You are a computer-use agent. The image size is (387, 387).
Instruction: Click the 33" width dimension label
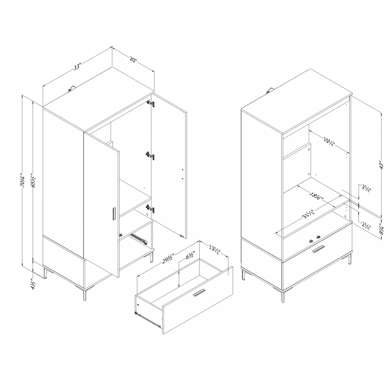point(77,67)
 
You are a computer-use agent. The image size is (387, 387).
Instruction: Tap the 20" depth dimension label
point(133,60)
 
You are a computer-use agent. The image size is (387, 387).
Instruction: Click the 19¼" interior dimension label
point(329,141)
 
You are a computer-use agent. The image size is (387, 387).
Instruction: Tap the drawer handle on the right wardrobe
point(319,249)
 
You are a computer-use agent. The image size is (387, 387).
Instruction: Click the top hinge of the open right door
point(151,104)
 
